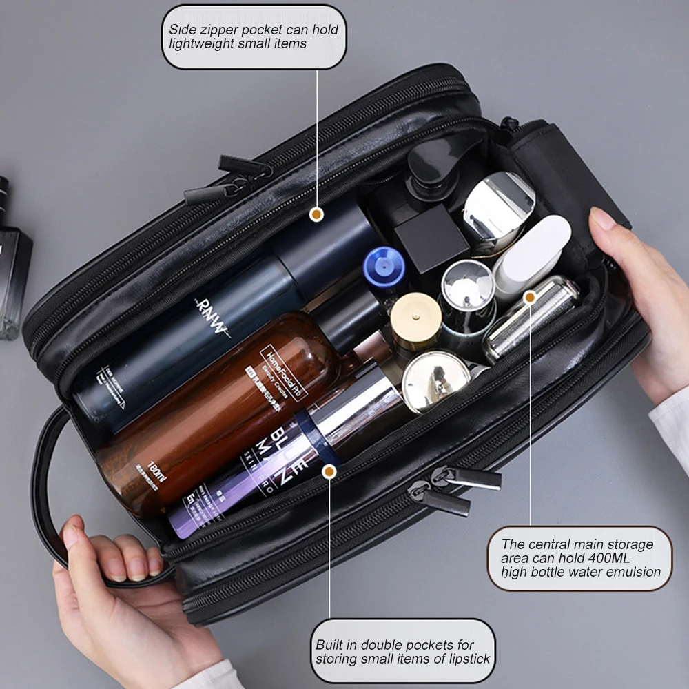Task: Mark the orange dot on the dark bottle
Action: tap(316, 214)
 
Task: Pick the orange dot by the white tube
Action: tap(530, 298)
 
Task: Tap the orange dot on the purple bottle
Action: tap(330, 471)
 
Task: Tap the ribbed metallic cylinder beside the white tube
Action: tap(531, 318)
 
